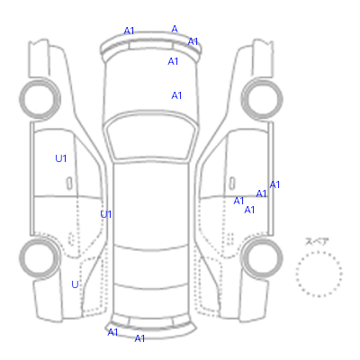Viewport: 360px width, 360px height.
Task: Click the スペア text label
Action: pyautogui.click(x=317, y=241)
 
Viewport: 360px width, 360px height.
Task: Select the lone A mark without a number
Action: pyautogui.click(x=175, y=29)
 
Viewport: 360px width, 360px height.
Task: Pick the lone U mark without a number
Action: pyautogui.click(x=75, y=284)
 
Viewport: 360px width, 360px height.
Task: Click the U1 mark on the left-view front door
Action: pyautogui.click(x=61, y=158)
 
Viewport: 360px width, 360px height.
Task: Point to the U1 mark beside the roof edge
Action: pyautogui.click(x=106, y=214)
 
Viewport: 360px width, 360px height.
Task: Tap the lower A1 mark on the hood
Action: pyautogui.click(x=176, y=95)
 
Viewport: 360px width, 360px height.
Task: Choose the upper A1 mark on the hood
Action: pyautogui.click(x=173, y=61)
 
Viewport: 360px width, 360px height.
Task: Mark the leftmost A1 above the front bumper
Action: pyautogui.click(x=129, y=31)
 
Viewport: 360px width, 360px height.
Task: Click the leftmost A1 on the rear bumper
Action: pyautogui.click(x=112, y=332)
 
